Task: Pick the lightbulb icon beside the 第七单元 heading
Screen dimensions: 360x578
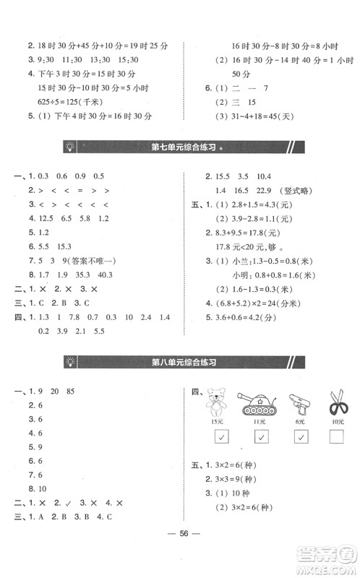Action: tap(70, 148)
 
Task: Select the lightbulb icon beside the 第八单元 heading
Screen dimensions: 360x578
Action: tap(70, 361)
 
